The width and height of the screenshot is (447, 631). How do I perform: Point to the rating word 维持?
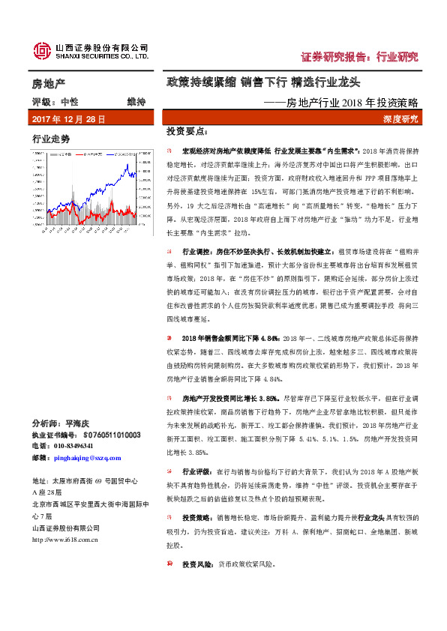coord(136,101)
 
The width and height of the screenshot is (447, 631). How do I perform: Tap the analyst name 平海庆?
coord(78,423)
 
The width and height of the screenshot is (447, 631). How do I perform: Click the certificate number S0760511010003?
coord(112,434)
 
